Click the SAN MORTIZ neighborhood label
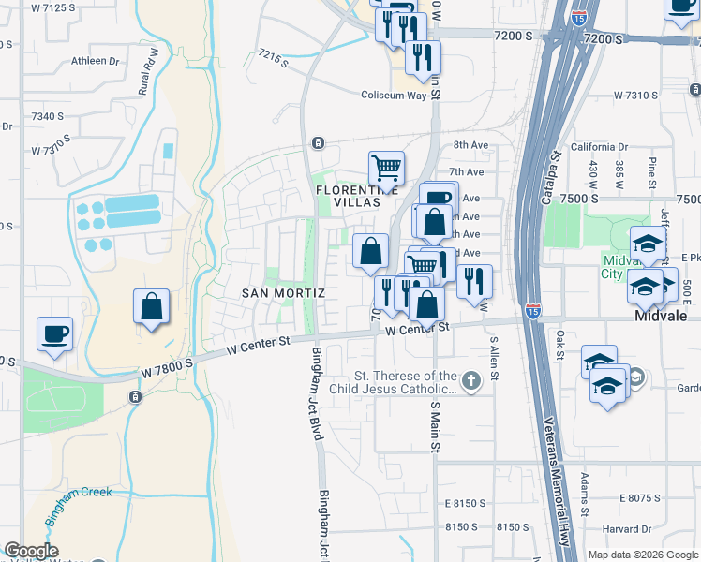click(x=283, y=293)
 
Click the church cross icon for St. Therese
click(x=470, y=380)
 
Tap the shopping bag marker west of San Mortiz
click(x=151, y=307)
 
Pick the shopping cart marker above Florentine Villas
click(x=386, y=170)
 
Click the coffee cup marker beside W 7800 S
click(x=54, y=334)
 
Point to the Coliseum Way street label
click(x=394, y=95)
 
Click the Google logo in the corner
click(x=30, y=551)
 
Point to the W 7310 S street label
click(x=644, y=96)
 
